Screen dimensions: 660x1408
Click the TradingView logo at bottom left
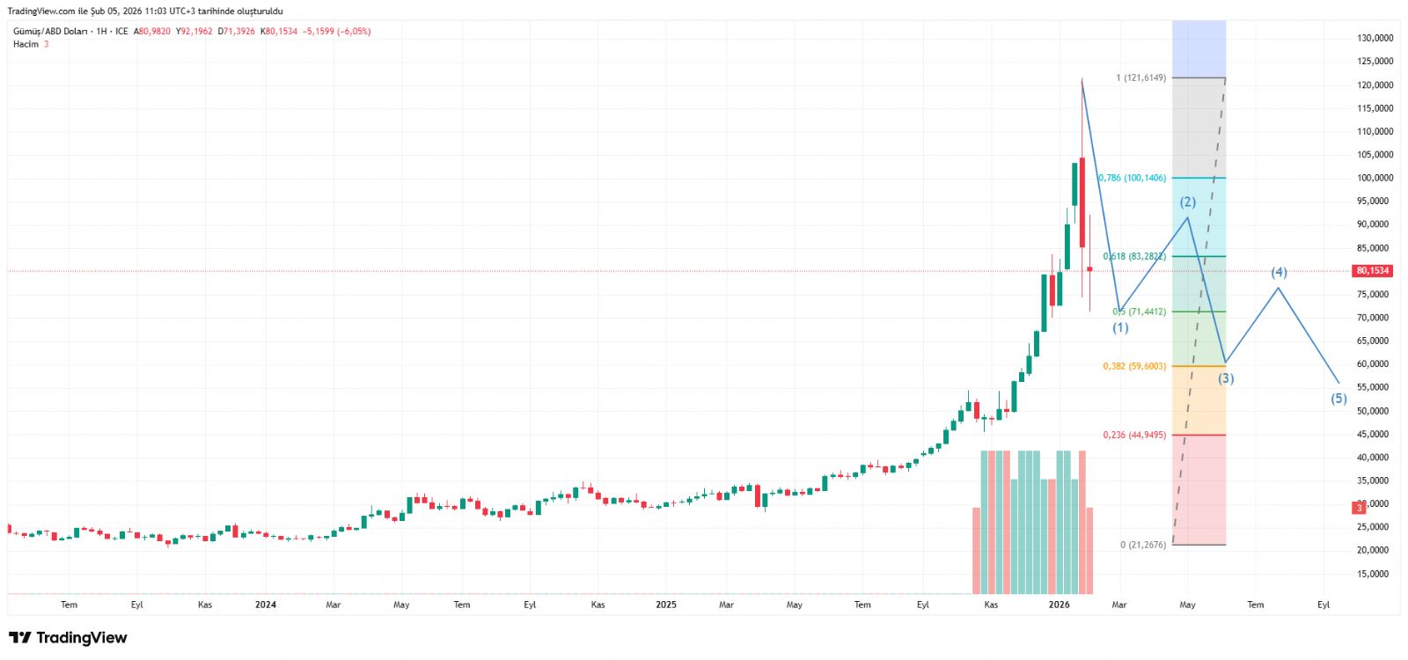point(68,638)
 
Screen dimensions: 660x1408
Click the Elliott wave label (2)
point(1188,202)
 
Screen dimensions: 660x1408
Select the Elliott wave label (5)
point(1338,399)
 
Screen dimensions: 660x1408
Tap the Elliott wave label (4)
point(1279,273)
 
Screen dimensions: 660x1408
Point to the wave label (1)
point(1120,328)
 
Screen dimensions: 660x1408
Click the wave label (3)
point(1226,378)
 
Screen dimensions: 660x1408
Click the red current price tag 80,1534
point(1373,271)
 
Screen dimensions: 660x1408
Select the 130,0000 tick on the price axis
point(1375,38)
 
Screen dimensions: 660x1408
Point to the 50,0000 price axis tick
point(1375,411)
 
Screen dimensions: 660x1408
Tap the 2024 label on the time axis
point(266,605)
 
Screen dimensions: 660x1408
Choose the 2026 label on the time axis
point(1060,605)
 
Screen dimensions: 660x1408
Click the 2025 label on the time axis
point(666,605)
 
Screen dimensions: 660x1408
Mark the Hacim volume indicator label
point(26,44)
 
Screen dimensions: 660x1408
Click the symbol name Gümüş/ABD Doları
point(50,32)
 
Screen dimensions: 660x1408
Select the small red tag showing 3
point(1360,508)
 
